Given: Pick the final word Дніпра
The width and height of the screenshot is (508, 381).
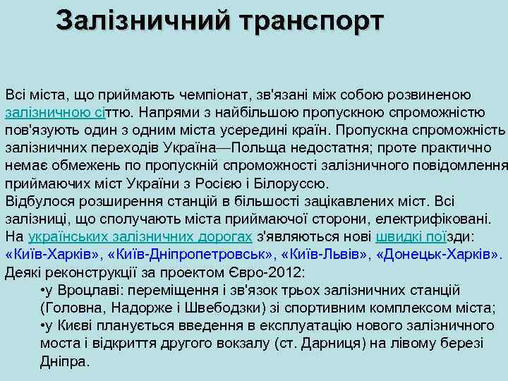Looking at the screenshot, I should [64, 361].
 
